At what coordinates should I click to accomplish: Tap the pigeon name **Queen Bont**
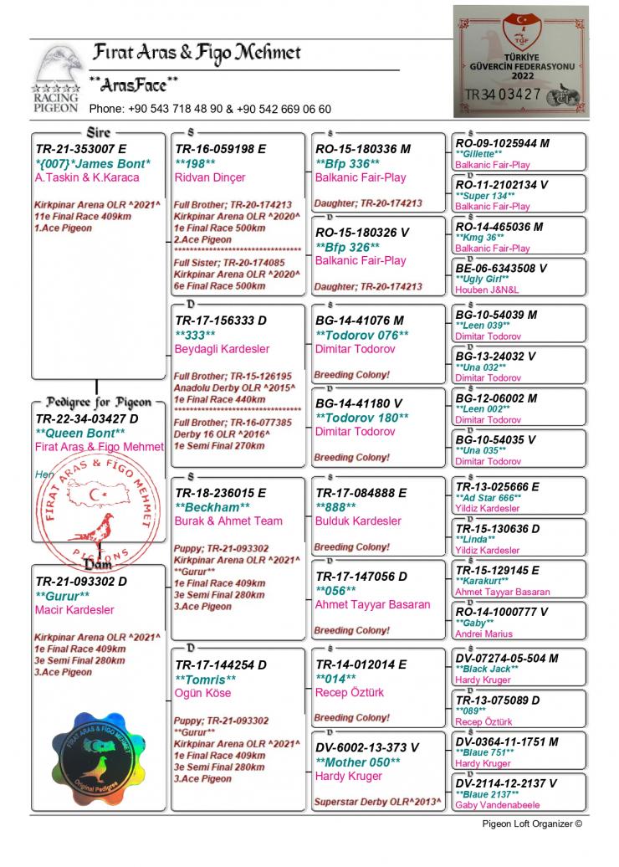80,433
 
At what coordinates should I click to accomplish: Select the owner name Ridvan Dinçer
210,177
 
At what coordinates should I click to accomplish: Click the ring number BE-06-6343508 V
501,268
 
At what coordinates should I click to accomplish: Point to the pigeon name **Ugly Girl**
483,279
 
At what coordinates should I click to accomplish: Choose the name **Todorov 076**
361,335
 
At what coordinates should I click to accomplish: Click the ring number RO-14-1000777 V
502,612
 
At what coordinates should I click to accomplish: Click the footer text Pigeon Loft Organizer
531,823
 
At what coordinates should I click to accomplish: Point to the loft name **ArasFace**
134,84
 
